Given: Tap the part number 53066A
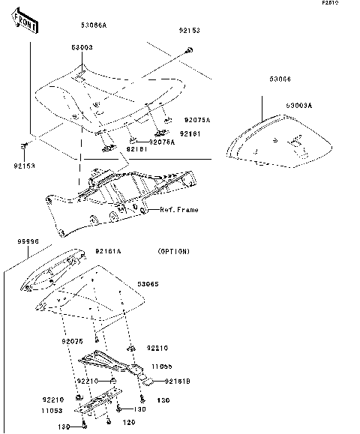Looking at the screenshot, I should coord(94,25).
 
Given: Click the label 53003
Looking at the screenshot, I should coord(82,47).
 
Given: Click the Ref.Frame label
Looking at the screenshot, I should coord(178,210).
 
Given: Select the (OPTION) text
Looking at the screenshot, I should coord(174,251).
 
